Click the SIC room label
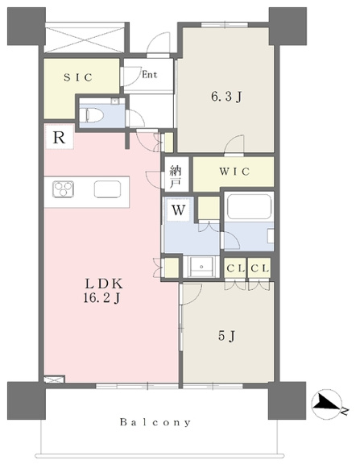pos(78,77)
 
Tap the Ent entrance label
pos(149,75)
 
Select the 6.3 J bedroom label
pos(226,97)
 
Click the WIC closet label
pos(234,172)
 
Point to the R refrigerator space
pos(59,137)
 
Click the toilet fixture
pos(93,115)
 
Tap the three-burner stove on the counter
pos(63,189)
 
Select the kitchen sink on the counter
pos(107,189)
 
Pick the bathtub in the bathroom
pos(249,206)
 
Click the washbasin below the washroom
pos(201,267)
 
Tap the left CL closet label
pos(235,268)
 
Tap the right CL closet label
pos(259,268)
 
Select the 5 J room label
pos(227,336)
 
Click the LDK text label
pos(104,284)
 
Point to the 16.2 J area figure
pos(101,298)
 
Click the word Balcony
pos(155,422)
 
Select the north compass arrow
pos(326,404)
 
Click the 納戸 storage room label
pos(176,177)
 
